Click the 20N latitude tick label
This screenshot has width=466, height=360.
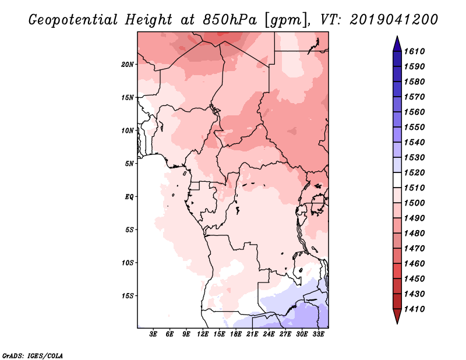(128, 65)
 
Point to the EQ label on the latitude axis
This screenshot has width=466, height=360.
(129, 197)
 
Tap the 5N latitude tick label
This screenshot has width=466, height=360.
(129, 164)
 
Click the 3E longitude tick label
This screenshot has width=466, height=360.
(153, 334)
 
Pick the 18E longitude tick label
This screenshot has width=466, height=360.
(236, 334)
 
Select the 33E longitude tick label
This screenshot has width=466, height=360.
(318, 334)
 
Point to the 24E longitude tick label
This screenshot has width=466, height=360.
(269, 334)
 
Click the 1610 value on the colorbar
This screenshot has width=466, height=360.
(414, 51)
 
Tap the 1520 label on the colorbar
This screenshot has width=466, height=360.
(414, 172)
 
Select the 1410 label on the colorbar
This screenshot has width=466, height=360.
(414, 309)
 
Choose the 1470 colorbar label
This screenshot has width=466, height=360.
(414, 249)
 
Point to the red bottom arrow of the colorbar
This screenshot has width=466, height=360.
(397, 316)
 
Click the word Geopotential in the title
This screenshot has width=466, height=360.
(73, 20)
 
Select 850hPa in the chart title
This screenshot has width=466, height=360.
(230, 20)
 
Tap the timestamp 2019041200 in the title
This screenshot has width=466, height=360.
(394, 20)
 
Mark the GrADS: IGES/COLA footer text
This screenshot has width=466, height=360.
(33, 355)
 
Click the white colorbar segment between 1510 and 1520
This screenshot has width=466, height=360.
(397, 180)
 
